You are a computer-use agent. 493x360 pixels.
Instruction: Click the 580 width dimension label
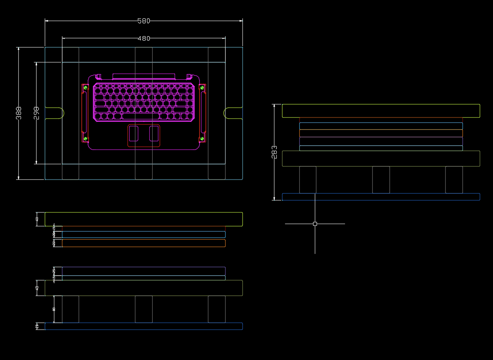pos(144,21)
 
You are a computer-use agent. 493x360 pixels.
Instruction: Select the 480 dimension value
pos(144,38)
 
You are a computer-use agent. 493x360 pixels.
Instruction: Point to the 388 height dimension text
pos(19,113)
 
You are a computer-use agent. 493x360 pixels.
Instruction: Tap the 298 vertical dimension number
pos(36,113)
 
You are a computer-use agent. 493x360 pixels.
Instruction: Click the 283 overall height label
pos(274,152)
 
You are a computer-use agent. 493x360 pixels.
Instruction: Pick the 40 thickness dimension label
pos(37,219)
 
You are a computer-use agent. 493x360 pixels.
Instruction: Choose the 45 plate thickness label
pos(37,288)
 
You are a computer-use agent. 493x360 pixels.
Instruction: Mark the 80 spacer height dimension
pos(54,309)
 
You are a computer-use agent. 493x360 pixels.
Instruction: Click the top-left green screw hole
pos(85,88)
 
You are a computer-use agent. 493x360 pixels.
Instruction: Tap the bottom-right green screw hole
pos(202,139)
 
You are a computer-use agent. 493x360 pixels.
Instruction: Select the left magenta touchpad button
pos(134,133)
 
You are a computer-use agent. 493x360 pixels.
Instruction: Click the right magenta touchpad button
pos(154,133)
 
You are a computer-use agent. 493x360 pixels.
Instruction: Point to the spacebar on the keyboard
pos(140,116)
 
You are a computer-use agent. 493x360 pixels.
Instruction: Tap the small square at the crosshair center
pos(315,224)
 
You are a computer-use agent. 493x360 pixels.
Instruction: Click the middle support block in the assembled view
pos(381,180)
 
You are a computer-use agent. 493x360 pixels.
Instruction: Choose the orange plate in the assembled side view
pos(381,133)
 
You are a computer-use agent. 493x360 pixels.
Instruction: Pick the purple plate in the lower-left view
pos(144,271)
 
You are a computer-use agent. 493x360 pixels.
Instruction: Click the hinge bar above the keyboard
pos(144,76)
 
